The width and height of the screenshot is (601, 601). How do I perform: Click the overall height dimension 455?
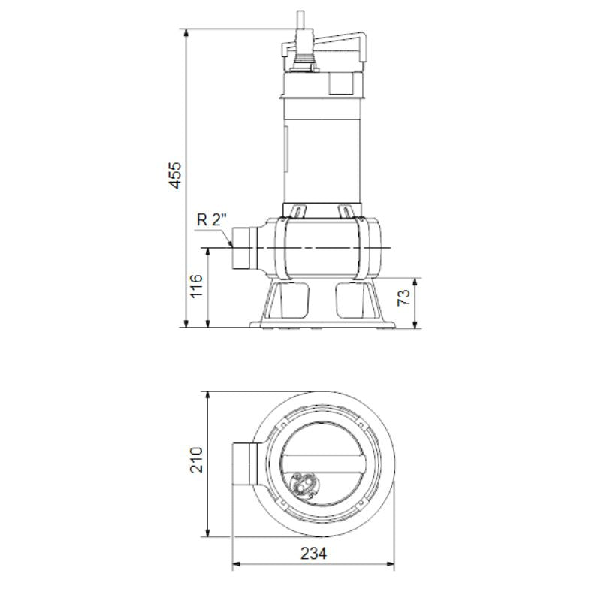pyautogui.click(x=174, y=174)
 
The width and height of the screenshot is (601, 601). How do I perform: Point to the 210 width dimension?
pyautogui.click(x=197, y=460)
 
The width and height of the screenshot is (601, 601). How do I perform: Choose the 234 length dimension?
pyautogui.click(x=316, y=554)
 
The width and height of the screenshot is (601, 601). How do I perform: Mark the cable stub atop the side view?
pyautogui.click(x=300, y=19)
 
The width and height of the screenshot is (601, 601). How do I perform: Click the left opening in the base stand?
pyautogui.click(x=291, y=300)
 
